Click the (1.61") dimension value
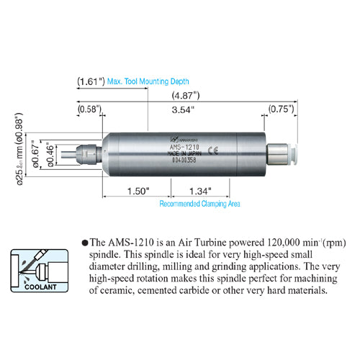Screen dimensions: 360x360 coord(91,81)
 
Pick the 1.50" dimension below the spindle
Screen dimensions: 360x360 coord(136,192)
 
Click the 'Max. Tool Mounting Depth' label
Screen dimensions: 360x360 coord(149,81)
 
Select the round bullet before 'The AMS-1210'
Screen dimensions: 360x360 coord(85,244)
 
